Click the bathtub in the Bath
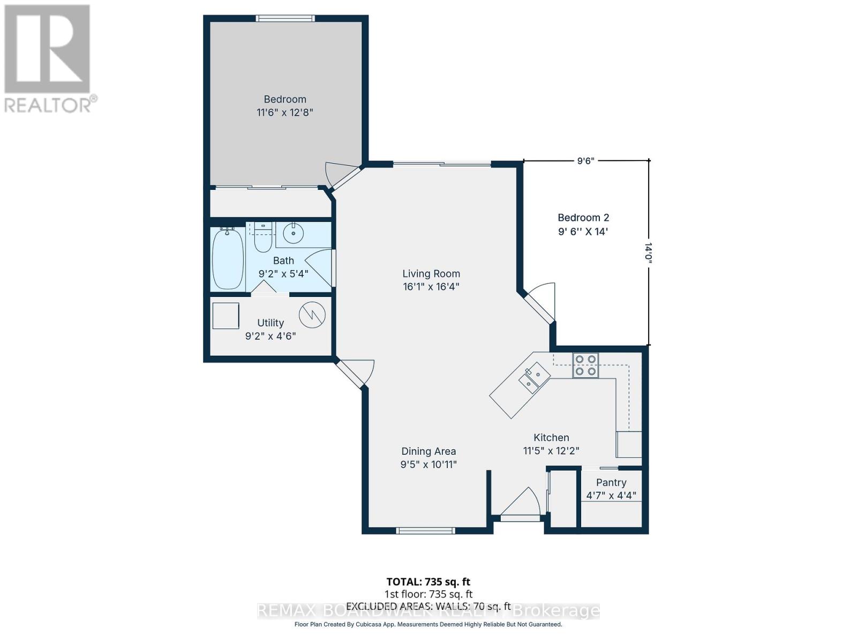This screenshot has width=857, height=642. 228,258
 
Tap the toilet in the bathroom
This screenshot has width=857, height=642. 262,239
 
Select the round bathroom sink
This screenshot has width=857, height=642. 293,234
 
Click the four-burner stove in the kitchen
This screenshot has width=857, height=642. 585,365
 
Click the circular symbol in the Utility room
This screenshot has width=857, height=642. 312,315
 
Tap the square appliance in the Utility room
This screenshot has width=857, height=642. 225,316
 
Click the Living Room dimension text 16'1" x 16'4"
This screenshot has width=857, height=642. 431,287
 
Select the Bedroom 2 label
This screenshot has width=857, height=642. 583,218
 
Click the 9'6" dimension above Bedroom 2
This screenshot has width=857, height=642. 585,161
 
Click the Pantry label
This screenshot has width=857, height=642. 611,483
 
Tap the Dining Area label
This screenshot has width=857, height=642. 428,452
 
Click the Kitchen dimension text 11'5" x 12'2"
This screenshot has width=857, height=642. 551,451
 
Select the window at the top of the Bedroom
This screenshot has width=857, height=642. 285,18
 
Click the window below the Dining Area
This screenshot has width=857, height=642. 426,531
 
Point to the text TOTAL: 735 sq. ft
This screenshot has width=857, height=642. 428,582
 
